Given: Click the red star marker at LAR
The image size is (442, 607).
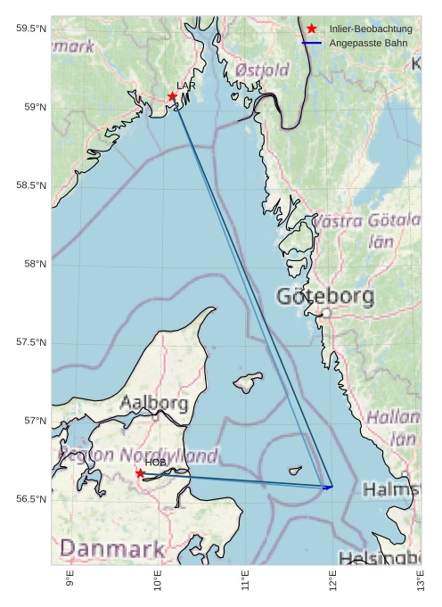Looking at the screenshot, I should coord(172,96).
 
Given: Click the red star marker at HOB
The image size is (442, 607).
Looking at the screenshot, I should coord(140,473).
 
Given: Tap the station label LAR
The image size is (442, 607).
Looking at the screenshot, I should coord(185,86).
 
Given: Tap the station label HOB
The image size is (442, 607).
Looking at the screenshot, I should coord(156,463).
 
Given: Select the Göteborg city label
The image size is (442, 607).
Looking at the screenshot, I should coord(325,297).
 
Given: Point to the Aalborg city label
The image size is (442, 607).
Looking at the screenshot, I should coord(153,404).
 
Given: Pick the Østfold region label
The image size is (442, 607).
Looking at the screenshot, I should coord(262,70).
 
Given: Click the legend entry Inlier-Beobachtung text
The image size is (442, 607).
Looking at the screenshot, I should coord(371,29).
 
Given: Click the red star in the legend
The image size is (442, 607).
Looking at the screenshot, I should coord(311,29).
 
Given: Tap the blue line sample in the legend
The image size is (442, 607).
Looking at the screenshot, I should coord(311,43).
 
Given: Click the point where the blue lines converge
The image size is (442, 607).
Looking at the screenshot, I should coord(331,487).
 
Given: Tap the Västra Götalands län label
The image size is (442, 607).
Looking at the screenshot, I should coord(369,230).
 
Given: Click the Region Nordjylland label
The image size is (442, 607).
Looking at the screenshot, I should coord(138,455).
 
